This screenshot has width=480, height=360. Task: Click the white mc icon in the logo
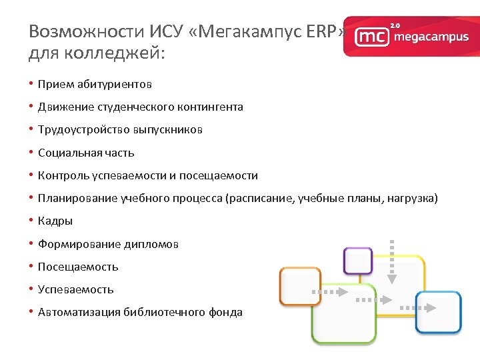point(371,37)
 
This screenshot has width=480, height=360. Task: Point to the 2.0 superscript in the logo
point(395,25)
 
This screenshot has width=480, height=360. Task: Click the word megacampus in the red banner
point(431,37)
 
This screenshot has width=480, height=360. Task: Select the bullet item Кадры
point(55,221)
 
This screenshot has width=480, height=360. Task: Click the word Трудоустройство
point(82,129)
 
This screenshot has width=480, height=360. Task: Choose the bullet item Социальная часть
point(86,153)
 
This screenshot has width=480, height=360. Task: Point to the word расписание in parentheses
point(261,198)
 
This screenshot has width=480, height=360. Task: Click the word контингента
point(210,107)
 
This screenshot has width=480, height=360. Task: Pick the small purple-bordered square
point(357,261)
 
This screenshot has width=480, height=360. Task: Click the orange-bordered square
point(299,286)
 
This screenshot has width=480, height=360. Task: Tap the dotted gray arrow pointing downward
point(392,261)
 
